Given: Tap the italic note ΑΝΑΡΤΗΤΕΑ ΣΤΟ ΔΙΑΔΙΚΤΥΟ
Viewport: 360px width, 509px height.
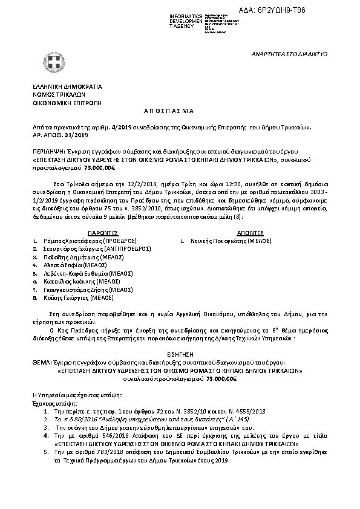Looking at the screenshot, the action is pos(289,54).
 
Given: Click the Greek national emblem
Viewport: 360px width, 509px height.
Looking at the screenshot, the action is pos(50,62).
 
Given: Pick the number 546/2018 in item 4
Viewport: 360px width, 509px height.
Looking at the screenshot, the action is pos(88,435).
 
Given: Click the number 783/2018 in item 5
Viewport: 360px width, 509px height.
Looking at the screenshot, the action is pos(88,452).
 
